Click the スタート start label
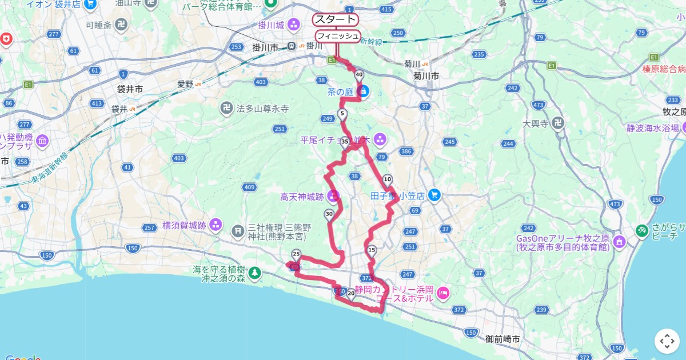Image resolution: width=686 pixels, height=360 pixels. click(335, 19)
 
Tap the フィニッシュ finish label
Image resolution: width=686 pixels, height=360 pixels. click(338, 36)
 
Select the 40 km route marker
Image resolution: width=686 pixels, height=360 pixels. click(359, 74)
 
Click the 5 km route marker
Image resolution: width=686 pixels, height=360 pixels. click(342, 113)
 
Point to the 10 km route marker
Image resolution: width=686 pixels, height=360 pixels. click(388, 179)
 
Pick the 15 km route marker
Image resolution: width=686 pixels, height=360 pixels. click(372, 250)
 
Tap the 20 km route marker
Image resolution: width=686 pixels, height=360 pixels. click(351, 293)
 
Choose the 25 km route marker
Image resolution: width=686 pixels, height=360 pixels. click(296, 254)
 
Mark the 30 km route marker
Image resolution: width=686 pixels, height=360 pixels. click(329, 214)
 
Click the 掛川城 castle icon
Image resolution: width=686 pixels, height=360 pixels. click(294, 25)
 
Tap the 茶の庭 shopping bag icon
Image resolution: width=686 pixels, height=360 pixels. click(362, 91)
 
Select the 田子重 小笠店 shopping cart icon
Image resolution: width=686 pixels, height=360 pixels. click(434, 195)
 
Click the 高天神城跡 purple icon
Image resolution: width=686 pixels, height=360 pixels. click(333, 196)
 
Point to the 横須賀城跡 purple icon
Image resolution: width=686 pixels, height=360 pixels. click(216, 225)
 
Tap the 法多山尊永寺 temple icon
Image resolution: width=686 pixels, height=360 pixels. click(227, 107)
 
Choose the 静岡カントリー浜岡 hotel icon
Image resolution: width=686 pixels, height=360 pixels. click(443, 294)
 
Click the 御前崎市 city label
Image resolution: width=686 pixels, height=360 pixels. click(503, 339)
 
